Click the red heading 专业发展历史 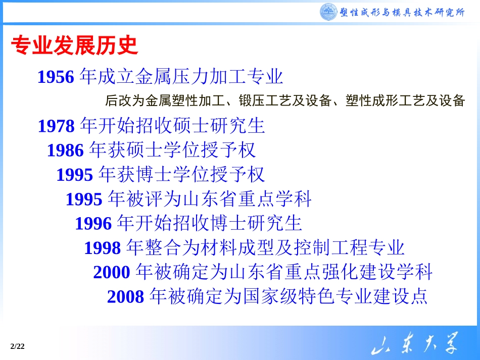74,45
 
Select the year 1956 56,77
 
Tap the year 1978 56,126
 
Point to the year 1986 65,150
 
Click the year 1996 93,223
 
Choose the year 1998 103,248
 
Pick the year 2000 112,273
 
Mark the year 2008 126,296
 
